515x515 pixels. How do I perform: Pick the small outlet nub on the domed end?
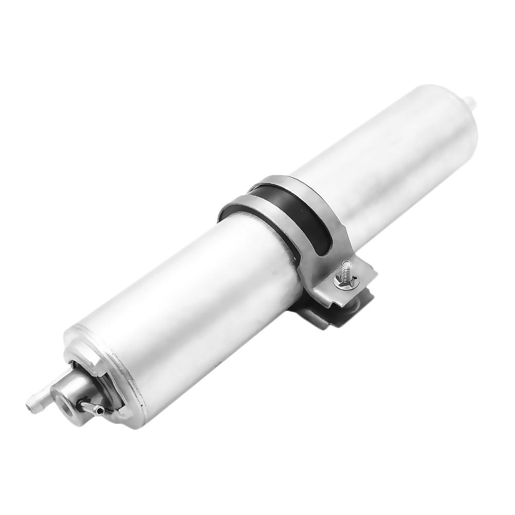(469, 98)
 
